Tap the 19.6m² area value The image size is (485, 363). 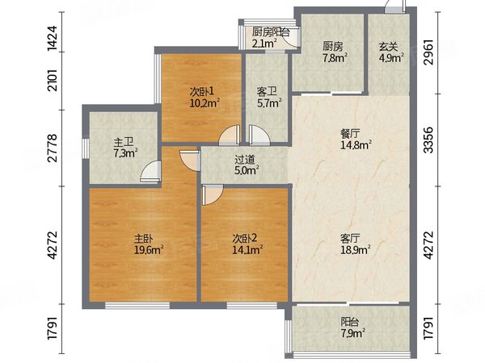coord(149,250)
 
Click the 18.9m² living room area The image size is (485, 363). coord(356,250)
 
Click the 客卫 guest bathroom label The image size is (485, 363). coord(267,92)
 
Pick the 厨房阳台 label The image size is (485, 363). coord(271,32)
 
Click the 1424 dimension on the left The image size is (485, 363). coord(53,38)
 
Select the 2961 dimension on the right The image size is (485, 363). coord(428,52)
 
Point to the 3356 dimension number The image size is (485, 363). coord(428,140)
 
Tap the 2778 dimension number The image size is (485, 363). coord(53,148)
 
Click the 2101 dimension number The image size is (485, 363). coord(53,80)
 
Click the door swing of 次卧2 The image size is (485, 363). coord(212,194)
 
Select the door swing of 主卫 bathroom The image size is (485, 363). coord(150,171)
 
